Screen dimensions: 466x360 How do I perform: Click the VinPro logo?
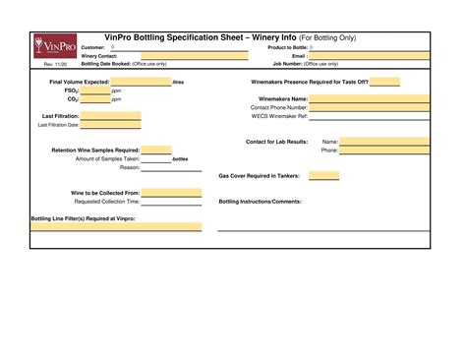pyautogui.click(x=49, y=47)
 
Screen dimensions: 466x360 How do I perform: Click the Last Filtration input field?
pyautogui.click(x=110, y=116)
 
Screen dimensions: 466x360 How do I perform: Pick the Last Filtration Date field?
pyautogui.click(x=110, y=125)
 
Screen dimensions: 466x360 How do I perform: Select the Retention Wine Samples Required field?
pyautogui.click(x=156, y=150)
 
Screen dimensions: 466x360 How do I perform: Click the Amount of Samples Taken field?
pyautogui.click(x=156, y=158)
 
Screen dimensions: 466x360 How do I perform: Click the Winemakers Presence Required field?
pyautogui.click(x=385, y=83)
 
